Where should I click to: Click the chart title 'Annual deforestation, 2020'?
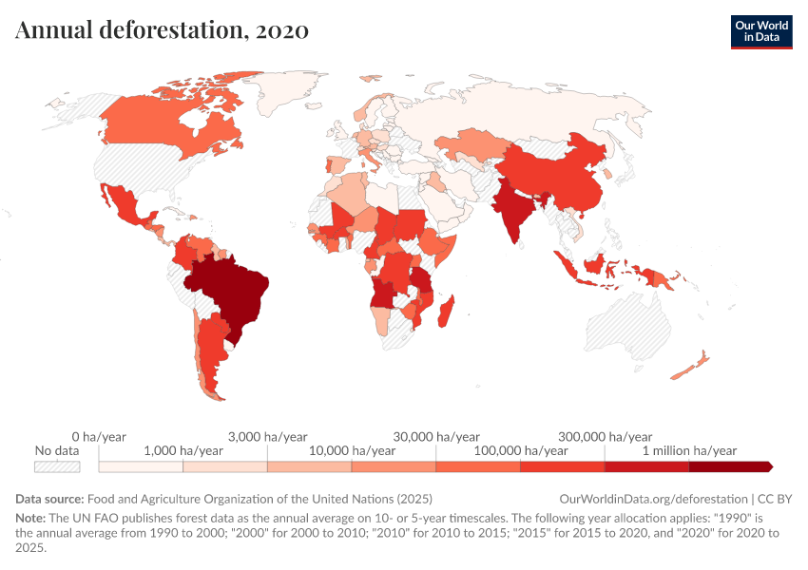162,30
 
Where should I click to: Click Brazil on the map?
228,290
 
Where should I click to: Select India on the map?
514,213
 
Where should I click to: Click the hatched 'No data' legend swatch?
57,466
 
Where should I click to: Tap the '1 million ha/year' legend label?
689,450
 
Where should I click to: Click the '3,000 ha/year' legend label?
267,436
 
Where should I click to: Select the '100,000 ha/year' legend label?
521,450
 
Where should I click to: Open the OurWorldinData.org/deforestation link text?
654,498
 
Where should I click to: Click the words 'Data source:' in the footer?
49,498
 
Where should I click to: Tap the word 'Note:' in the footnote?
33,519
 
